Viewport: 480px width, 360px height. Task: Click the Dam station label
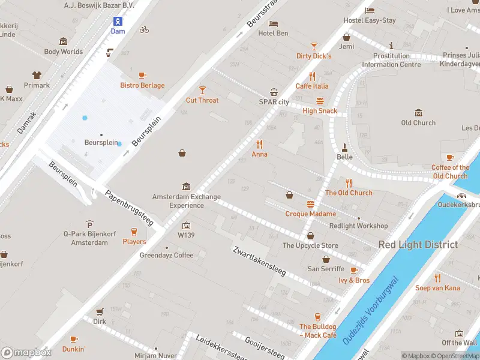[x=118, y=31]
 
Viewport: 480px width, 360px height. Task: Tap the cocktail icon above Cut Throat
[x=202, y=89]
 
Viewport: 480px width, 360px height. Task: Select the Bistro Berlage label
[x=142, y=85]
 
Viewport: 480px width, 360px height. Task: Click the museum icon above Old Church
[x=419, y=113]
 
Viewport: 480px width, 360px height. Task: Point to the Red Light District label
[x=418, y=244]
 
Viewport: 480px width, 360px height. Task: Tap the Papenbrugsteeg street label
[x=130, y=208]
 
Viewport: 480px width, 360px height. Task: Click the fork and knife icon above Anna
[x=260, y=144]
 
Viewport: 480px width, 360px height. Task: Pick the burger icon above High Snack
[x=320, y=101]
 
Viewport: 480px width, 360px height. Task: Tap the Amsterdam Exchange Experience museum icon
[x=186, y=187]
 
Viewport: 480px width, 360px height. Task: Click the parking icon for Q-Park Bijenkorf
[x=89, y=223]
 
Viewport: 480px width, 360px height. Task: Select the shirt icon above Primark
[x=37, y=75]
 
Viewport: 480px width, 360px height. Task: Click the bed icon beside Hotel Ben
[x=274, y=23]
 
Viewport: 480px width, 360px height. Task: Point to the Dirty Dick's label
[x=314, y=56]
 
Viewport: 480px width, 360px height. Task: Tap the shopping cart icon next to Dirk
[x=100, y=311]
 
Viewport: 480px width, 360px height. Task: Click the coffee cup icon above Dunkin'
[x=74, y=339]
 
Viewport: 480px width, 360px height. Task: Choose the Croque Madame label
[x=310, y=214]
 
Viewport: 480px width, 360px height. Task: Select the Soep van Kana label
[x=437, y=288]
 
